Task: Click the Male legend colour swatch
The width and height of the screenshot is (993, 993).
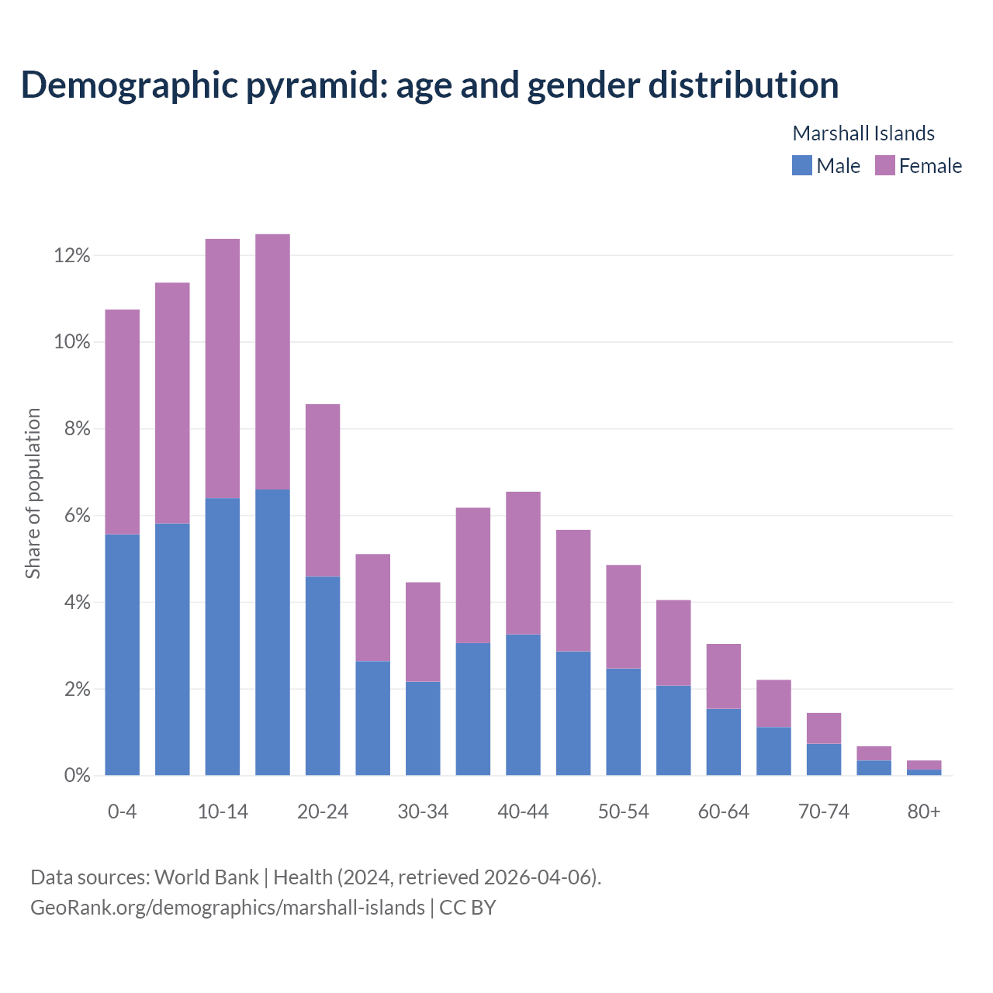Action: pos(801,165)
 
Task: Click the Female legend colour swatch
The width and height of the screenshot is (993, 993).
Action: pos(884,165)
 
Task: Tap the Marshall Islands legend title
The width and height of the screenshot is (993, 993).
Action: pos(863,133)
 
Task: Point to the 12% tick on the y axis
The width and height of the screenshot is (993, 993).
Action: pos(72,255)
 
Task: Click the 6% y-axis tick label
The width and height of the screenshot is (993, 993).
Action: pos(77,516)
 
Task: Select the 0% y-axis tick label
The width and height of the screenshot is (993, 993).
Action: pos(77,775)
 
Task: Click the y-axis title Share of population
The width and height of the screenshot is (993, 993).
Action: pos(33,493)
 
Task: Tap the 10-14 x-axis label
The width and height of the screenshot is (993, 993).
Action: pos(223,811)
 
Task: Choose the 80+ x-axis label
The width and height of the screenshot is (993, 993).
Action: pos(923,811)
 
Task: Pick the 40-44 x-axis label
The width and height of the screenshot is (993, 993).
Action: pos(523,811)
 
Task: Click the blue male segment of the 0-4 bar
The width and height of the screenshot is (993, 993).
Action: pos(123,655)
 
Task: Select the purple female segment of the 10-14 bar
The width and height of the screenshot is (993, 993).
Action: pos(223,368)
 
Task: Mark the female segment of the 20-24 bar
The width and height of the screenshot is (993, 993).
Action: pos(323,490)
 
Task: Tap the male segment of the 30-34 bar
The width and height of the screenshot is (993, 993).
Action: pos(423,728)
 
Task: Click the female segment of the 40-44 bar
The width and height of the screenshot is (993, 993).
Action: pos(523,563)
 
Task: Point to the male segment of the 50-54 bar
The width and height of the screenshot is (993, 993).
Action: pos(623,721)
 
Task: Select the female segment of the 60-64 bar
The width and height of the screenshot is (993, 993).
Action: pos(723,676)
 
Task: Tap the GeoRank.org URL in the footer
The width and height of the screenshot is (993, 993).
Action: pos(227,907)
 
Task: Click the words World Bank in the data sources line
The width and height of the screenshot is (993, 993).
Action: pos(206,877)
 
